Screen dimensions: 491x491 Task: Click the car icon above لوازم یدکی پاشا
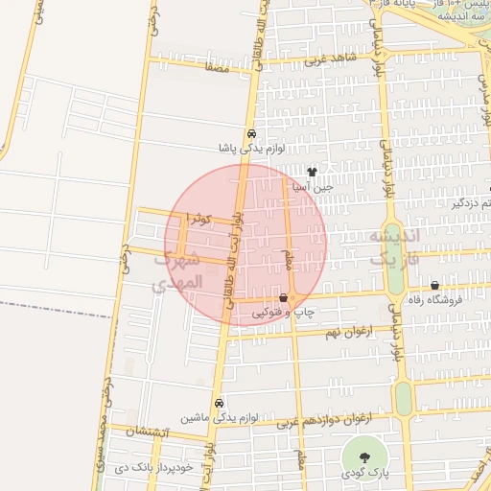tap(251, 135)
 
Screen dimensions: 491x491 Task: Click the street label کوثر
tap(199, 220)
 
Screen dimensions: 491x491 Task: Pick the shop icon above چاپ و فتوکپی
tap(282, 298)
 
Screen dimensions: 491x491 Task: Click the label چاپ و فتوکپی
tap(275, 313)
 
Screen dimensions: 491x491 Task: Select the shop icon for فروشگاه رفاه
tap(435, 285)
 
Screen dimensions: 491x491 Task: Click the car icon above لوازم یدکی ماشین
tap(220, 403)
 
